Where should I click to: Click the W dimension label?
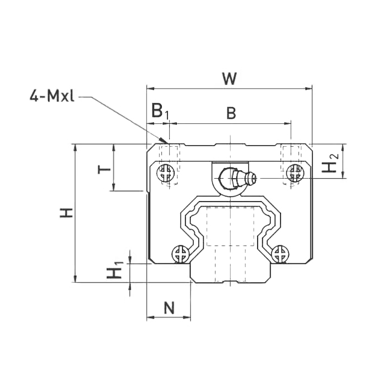click(228, 78)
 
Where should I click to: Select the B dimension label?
click(231, 113)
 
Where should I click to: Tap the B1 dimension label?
click(159, 111)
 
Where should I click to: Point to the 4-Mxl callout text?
click(52, 96)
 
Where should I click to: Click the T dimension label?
click(102, 167)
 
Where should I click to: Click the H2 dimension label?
click(332, 162)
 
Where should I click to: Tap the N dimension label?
click(169, 307)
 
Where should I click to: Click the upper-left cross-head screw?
click(166, 171)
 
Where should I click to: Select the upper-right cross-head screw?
click(292, 171)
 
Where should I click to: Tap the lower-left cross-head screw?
click(181, 254)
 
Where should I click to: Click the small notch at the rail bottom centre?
click(230, 281)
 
